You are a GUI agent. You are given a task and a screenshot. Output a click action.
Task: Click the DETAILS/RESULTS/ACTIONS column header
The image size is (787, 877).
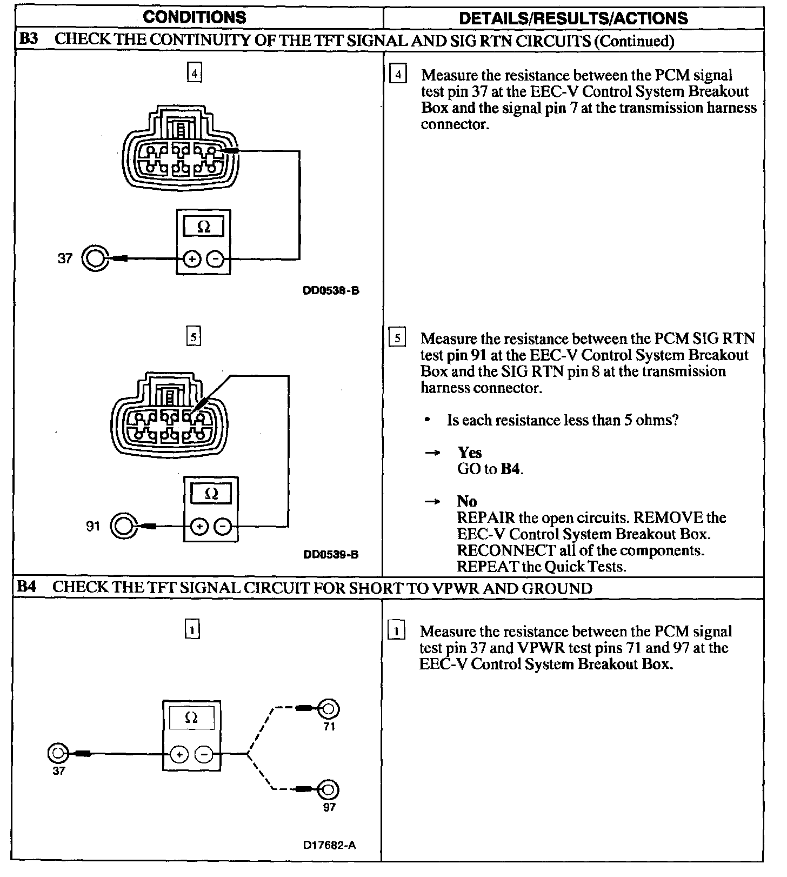tap(573, 18)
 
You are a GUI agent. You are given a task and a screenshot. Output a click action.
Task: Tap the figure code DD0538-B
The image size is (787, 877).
tap(331, 291)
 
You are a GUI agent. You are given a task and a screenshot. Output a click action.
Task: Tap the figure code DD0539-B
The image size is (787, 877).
tap(331, 555)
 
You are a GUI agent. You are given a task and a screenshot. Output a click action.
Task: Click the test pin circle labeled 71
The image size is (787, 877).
tap(329, 708)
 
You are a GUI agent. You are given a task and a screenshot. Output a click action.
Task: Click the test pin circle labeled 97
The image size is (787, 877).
tap(329, 789)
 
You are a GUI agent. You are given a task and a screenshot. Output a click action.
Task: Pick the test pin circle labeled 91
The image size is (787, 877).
tap(124, 526)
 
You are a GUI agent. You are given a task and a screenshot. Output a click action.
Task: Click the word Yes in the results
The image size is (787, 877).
tap(469, 453)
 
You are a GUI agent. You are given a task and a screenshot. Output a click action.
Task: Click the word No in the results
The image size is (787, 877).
tap(466, 501)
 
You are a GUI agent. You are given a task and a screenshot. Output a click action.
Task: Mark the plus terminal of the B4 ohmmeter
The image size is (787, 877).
tap(179, 754)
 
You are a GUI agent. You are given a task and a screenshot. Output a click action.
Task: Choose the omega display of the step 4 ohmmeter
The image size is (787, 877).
tap(204, 227)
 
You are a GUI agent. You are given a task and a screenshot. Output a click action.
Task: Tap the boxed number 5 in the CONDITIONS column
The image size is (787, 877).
tap(194, 337)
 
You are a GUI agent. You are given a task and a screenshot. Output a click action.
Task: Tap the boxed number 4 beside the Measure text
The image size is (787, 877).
tap(398, 75)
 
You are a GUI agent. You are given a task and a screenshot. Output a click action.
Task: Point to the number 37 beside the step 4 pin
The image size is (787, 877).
tap(65, 259)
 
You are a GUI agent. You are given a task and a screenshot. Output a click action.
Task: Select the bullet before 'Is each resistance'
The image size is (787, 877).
tap(428, 421)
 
